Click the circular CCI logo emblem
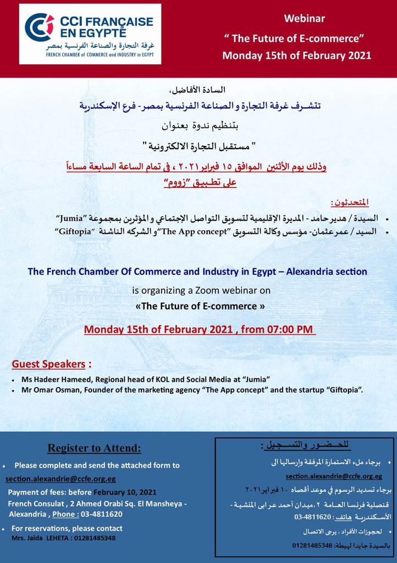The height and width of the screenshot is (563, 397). (40, 27)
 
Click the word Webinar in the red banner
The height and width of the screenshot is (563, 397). (304, 19)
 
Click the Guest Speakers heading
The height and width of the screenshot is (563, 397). (49, 364)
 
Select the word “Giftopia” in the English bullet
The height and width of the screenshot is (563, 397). (344, 390)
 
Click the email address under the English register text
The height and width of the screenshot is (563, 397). (60, 479)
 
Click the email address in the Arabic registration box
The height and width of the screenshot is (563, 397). (334, 476)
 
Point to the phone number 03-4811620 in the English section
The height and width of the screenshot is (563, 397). (103, 514)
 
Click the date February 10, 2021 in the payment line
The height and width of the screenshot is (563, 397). (125, 492)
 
